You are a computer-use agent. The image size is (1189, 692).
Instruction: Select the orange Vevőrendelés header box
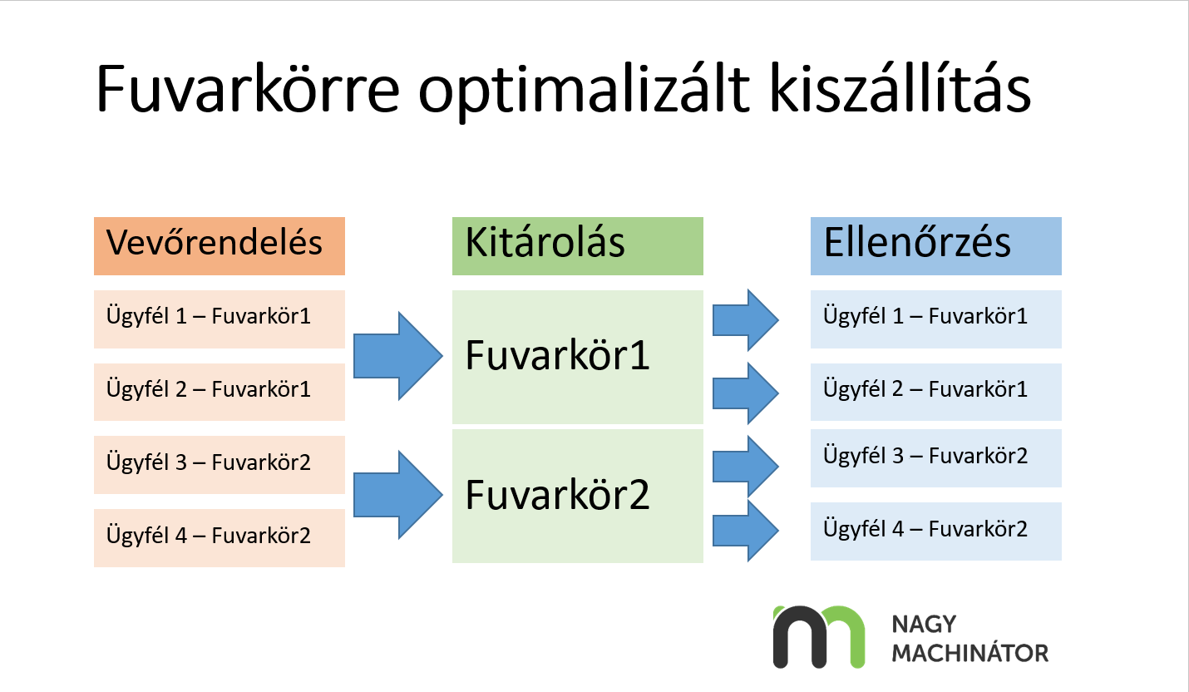[219, 246]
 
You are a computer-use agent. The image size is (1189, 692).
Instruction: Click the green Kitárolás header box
[577, 246]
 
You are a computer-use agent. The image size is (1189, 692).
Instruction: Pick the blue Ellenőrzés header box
[935, 246]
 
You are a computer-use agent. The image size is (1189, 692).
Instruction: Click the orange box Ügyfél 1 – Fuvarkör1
[219, 319]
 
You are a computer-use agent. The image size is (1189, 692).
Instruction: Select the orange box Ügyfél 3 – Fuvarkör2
[219, 464]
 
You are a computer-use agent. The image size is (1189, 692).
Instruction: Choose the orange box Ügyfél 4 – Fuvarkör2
[219, 537]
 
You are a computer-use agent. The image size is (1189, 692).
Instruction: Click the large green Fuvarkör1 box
[577, 357]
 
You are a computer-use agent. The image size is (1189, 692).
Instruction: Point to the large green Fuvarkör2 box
[577, 496]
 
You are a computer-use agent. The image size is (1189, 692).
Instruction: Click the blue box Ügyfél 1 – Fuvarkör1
[935, 319]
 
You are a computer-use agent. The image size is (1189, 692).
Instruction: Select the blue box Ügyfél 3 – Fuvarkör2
[935, 457]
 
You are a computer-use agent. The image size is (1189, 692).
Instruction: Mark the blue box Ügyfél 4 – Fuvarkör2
[935, 531]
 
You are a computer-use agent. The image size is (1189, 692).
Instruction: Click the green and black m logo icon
[818, 637]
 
